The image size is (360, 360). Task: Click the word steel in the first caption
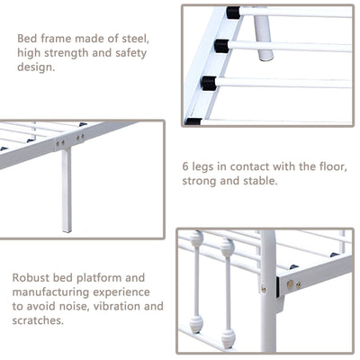135,39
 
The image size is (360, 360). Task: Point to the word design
36,67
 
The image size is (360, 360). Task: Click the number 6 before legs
185,166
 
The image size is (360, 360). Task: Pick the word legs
202,167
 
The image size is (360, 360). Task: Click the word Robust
31,277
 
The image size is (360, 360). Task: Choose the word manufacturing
50,292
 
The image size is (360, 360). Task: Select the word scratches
38,320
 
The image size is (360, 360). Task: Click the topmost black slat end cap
233,13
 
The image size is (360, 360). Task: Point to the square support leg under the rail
67,191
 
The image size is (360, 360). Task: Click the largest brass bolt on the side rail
290,283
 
